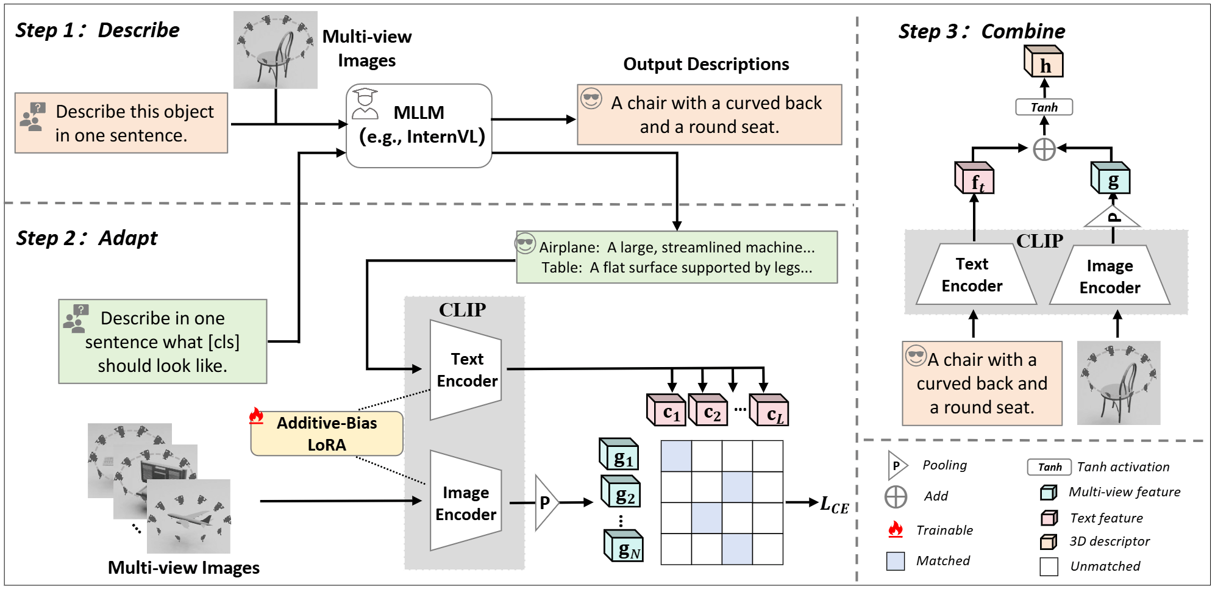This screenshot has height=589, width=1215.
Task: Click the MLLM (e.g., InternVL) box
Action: click(x=419, y=125)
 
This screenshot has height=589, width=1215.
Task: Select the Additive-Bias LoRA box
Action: click(x=327, y=434)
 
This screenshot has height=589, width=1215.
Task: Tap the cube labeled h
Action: click(x=1044, y=63)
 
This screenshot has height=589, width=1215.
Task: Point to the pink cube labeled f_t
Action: click(x=974, y=179)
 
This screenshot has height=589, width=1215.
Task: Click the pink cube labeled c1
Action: click(x=667, y=411)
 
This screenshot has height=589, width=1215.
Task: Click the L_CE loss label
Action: click(x=834, y=505)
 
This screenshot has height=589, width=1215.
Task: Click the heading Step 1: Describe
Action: click(x=98, y=30)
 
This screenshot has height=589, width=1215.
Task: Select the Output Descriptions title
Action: click(x=706, y=64)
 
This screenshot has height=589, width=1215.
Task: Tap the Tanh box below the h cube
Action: click(x=1044, y=107)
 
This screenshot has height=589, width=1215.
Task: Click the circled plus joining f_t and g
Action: click(x=1044, y=149)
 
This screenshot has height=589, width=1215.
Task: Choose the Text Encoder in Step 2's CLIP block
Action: click(x=466, y=369)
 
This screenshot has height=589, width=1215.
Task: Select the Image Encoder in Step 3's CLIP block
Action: click(x=1110, y=276)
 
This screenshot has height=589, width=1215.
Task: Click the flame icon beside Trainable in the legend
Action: click(x=896, y=529)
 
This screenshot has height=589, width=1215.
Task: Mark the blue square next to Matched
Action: click(x=896, y=561)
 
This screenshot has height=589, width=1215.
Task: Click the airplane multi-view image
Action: click(x=189, y=516)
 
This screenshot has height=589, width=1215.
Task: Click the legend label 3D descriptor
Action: click(x=1110, y=541)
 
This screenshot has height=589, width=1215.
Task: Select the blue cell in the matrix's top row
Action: click(x=676, y=456)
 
